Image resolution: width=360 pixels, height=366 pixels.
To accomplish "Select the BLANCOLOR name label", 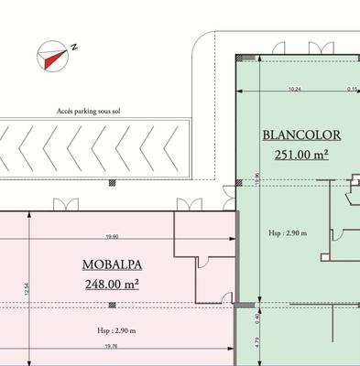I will point(301,135).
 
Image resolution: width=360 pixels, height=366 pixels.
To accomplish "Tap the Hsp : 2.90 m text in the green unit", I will point(282,233).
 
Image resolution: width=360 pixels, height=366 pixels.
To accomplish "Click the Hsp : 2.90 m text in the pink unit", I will point(116,329).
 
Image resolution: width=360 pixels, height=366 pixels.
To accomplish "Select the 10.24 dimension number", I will point(295,89).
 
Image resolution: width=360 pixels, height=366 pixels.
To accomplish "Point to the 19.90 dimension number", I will point(112,237).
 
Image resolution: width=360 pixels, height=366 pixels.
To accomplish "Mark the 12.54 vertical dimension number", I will point(30,290).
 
